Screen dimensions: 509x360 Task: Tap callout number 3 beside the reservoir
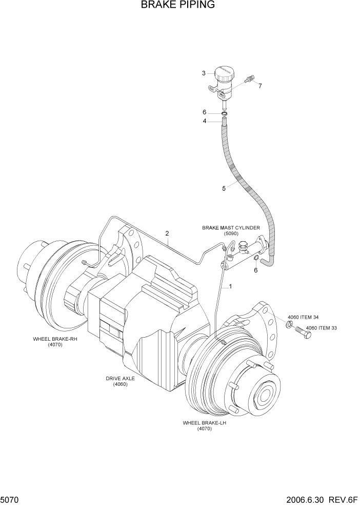[x=204, y=73]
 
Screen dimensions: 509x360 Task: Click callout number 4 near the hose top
[x=204, y=122]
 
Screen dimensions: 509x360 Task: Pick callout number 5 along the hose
[x=224, y=188]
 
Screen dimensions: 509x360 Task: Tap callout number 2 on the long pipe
[x=167, y=233]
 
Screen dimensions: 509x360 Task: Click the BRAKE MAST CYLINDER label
[x=231, y=227]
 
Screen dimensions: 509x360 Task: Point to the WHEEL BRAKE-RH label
[x=55, y=339]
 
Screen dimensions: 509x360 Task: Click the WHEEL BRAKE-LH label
[x=204, y=423]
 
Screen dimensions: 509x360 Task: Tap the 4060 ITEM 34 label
[x=303, y=318]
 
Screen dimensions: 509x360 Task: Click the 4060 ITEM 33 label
[x=323, y=328]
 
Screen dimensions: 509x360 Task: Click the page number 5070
[x=11, y=499]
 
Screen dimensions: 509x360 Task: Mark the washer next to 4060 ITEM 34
[x=290, y=326]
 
